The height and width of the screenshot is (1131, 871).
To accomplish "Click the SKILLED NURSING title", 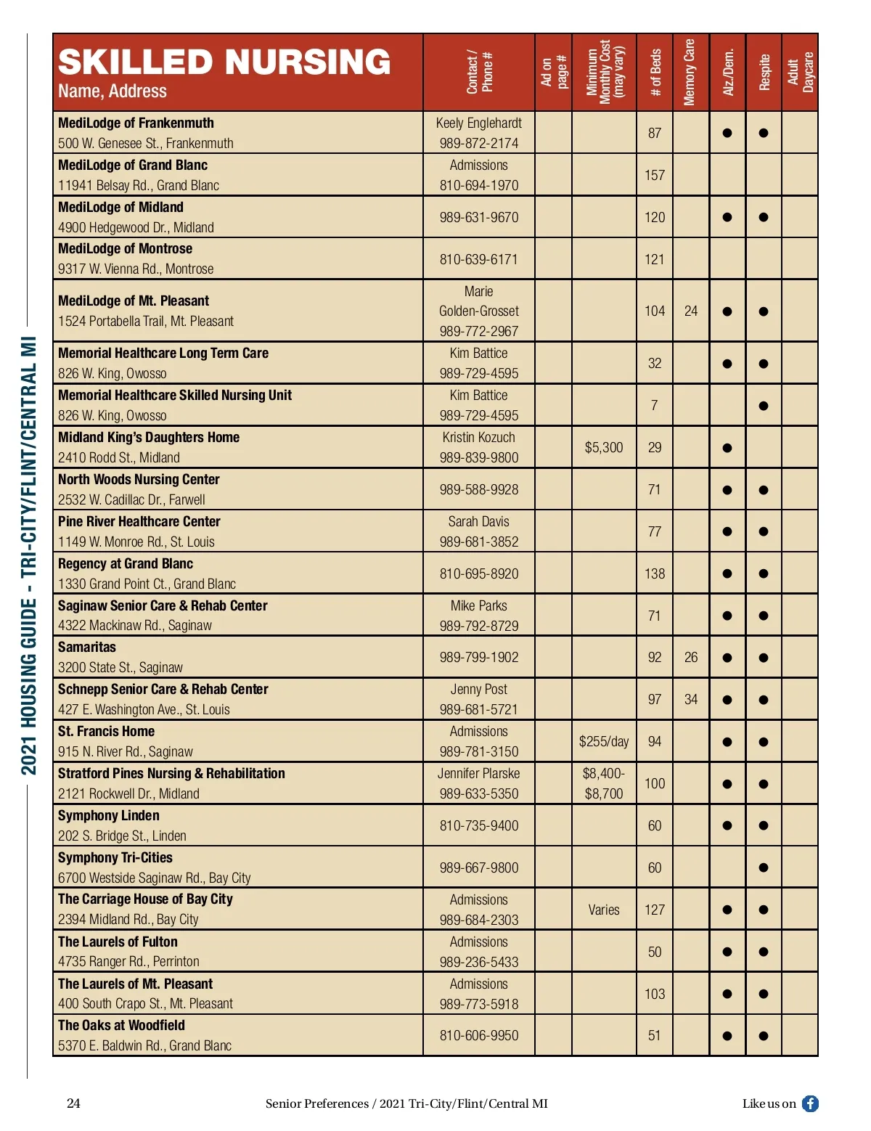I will click(x=224, y=62).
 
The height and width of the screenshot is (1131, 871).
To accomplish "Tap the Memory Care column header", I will click(x=690, y=72).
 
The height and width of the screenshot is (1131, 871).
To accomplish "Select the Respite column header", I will click(x=764, y=72).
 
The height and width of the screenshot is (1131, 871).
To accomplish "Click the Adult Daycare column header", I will click(x=801, y=72).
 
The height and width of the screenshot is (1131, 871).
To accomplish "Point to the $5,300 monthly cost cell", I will click(x=604, y=447).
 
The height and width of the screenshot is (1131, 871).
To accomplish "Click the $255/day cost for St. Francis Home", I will click(x=604, y=741).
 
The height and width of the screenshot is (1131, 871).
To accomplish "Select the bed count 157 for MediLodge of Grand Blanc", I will click(x=655, y=175).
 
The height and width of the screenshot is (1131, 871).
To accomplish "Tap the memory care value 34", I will click(x=691, y=699).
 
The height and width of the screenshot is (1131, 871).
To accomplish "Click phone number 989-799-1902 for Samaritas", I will click(x=479, y=657).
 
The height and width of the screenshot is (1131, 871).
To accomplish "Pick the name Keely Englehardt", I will click(x=479, y=123).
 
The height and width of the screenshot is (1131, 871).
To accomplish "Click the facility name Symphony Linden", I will click(x=109, y=815).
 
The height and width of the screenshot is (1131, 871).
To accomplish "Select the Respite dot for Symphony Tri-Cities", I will click(x=764, y=867).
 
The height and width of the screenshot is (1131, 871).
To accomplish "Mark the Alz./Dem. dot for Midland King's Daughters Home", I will click(x=727, y=448).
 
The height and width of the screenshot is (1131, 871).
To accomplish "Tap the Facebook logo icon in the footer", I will click(x=810, y=1103).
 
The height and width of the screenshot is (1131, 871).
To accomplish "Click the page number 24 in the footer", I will click(x=73, y=1103).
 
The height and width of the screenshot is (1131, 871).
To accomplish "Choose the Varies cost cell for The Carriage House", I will click(x=604, y=910).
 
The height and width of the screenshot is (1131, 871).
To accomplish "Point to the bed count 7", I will click(x=655, y=405).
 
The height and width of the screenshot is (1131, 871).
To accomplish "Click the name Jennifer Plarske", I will click(x=479, y=773).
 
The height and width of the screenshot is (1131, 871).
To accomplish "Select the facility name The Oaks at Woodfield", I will click(x=121, y=1025).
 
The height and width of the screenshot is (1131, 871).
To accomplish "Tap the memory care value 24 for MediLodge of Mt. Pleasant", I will click(x=691, y=311).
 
